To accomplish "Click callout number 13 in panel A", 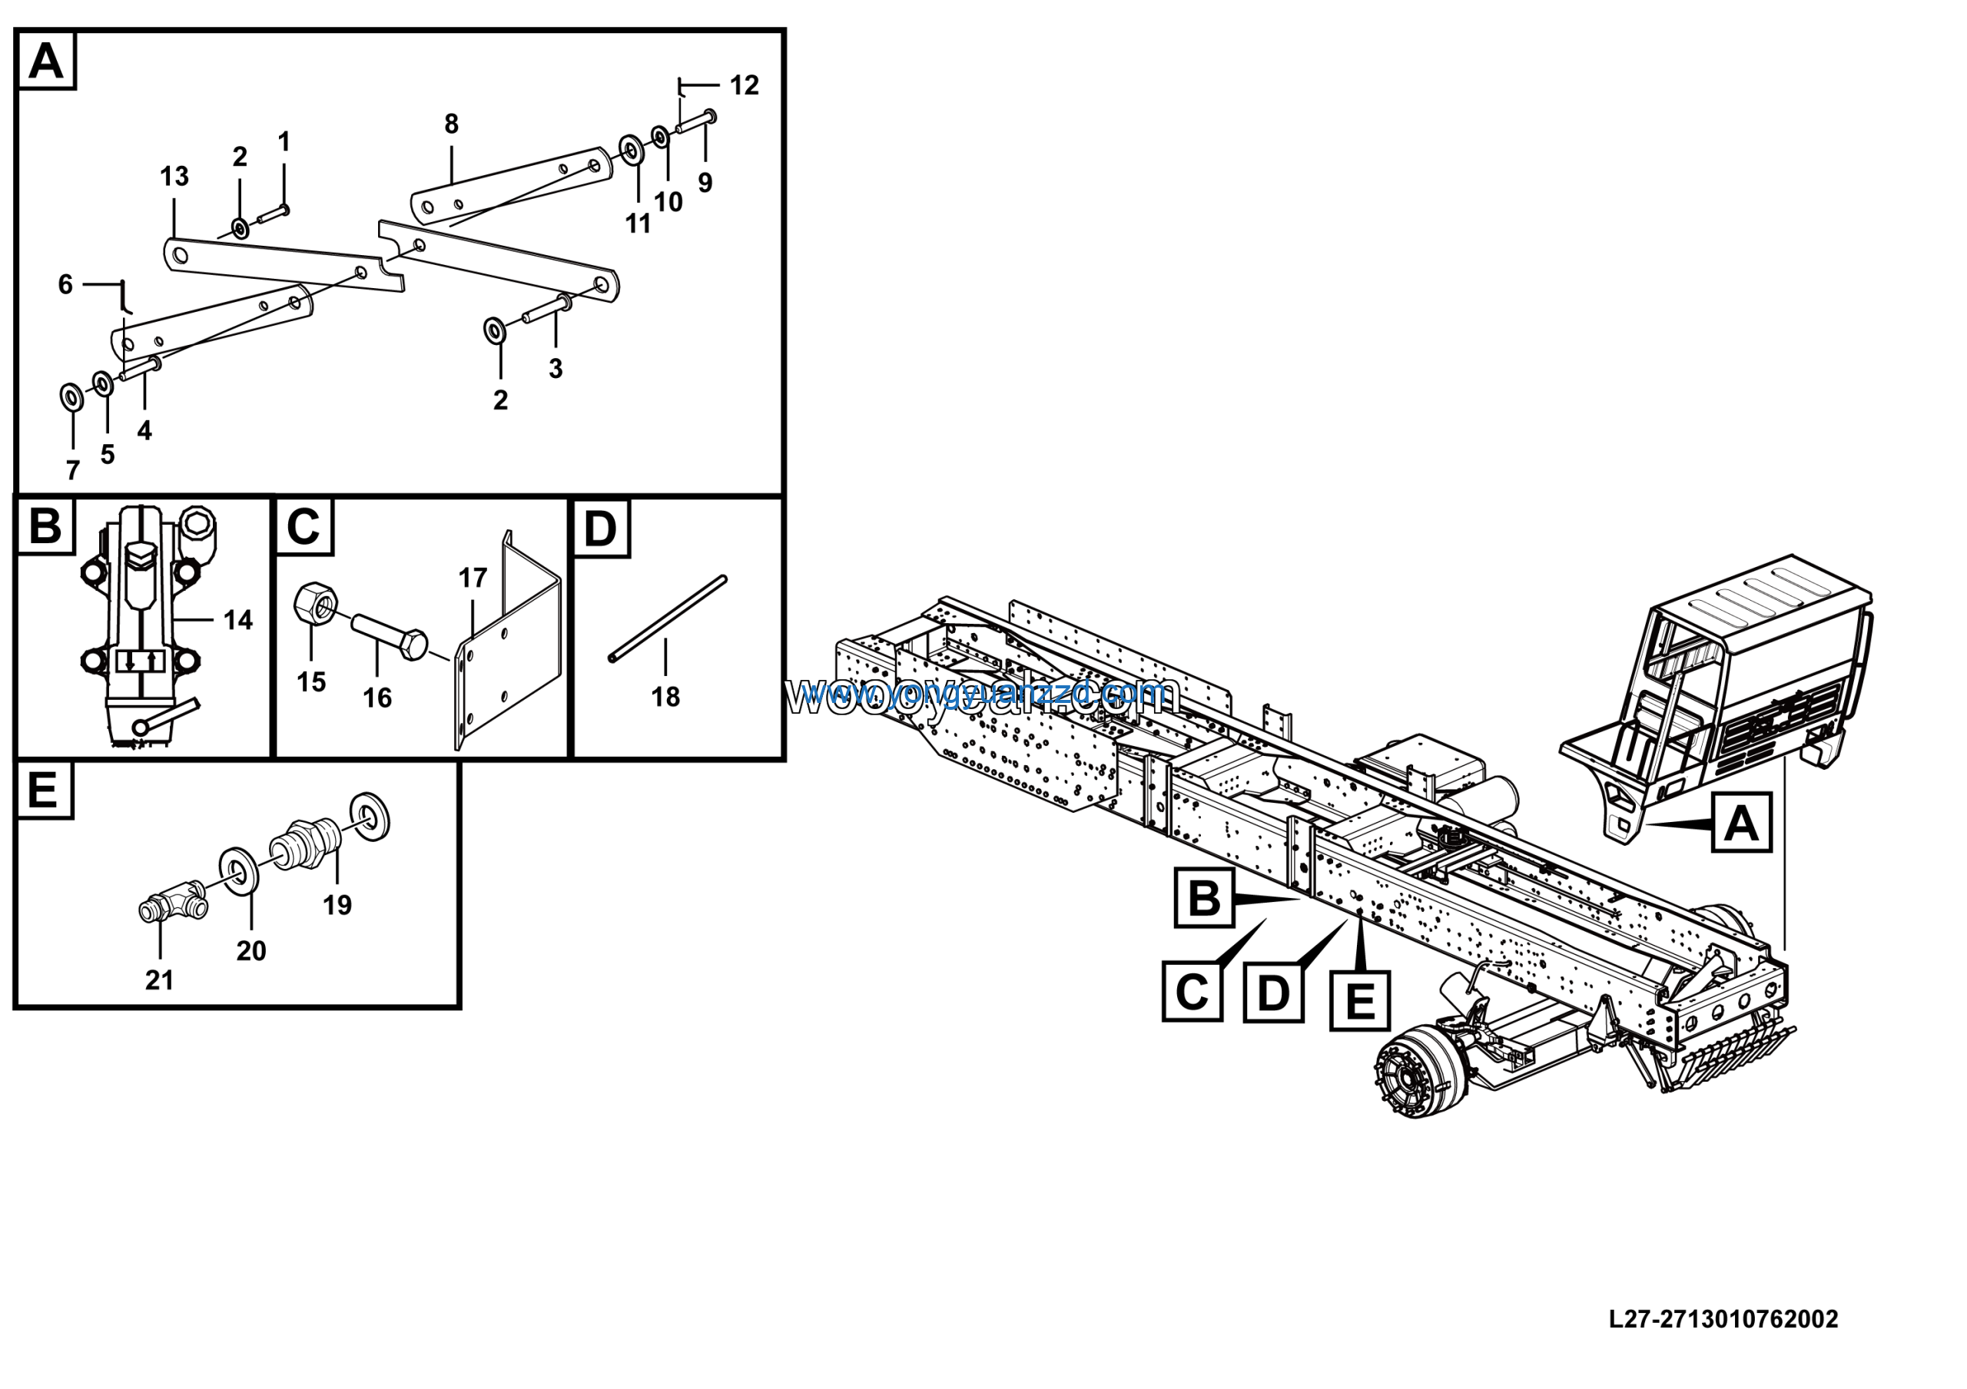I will (174, 177).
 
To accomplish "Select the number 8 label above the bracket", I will (452, 124).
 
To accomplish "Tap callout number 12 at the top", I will (744, 85).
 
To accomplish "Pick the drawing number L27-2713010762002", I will (1723, 1320).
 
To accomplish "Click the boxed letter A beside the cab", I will (1741, 823).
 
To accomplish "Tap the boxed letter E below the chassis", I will (1359, 1000).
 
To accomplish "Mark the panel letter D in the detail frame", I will (599, 529).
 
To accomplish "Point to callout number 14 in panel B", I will (238, 620).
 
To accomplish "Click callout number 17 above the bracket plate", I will (472, 578).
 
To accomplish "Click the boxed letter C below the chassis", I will (1192, 992).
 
